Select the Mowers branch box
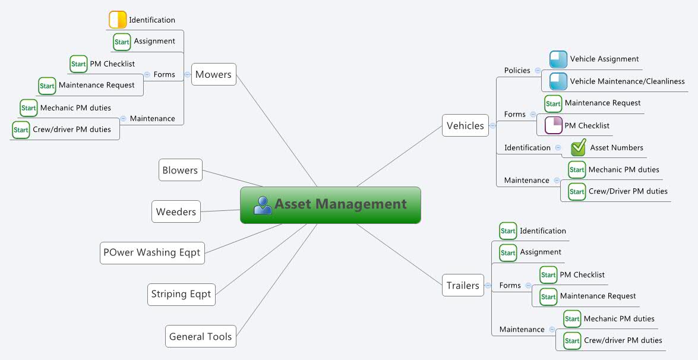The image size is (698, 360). (x=214, y=74)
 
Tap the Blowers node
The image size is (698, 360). (x=180, y=170)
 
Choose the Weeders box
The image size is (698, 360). (x=176, y=211)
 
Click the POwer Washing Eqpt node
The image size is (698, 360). (x=152, y=252)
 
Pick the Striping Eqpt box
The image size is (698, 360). (x=181, y=294)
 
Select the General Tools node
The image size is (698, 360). (x=200, y=336)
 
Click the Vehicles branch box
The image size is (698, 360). (x=465, y=125)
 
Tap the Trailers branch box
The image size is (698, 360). (x=463, y=286)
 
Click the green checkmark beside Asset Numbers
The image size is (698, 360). (x=578, y=149)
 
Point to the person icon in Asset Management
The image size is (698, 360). (x=262, y=205)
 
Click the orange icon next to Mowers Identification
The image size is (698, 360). (x=118, y=20)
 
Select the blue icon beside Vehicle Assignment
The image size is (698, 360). (x=558, y=59)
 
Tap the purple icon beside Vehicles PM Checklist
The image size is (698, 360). (x=554, y=126)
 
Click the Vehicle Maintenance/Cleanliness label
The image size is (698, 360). (x=627, y=81)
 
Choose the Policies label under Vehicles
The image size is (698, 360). (x=517, y=71)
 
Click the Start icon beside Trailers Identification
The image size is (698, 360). (x=508, y=231)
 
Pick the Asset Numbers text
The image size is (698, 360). (x=617, y=148)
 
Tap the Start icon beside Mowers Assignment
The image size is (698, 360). (x=122, y=42)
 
